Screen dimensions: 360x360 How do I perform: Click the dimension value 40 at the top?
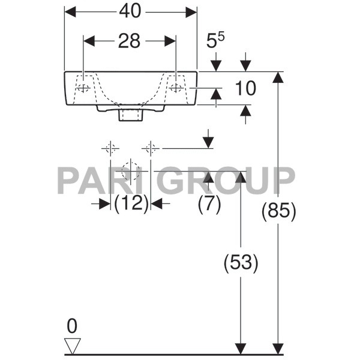[x=130, y=11]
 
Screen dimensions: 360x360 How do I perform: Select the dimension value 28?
[x=129, y=41]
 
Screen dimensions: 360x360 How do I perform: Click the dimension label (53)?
[x=241, y=262]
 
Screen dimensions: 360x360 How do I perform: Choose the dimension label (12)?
[x=131, y=204]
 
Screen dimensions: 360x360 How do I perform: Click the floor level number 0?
[x=72, y=326]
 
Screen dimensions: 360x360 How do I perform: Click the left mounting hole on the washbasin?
[x=83, y=88]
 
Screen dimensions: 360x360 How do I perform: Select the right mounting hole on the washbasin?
[x=176, y=88]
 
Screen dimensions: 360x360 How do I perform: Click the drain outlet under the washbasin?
[x=130, y=114]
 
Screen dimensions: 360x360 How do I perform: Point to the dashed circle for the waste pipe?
[x=130, y=171]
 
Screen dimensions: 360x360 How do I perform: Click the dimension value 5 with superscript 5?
[x=215, y=42]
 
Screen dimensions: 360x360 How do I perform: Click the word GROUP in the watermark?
[x=229, y=180]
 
